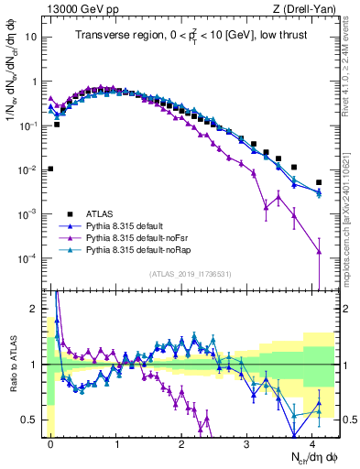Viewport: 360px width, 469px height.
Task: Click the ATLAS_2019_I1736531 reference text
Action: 190,274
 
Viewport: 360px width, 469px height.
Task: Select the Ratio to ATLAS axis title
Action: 12,365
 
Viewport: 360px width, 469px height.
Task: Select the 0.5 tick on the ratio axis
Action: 29,420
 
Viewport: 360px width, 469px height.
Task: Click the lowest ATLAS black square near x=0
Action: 50,169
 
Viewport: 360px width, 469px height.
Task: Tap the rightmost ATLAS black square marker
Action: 319,182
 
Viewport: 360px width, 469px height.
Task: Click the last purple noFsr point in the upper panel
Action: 319,252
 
